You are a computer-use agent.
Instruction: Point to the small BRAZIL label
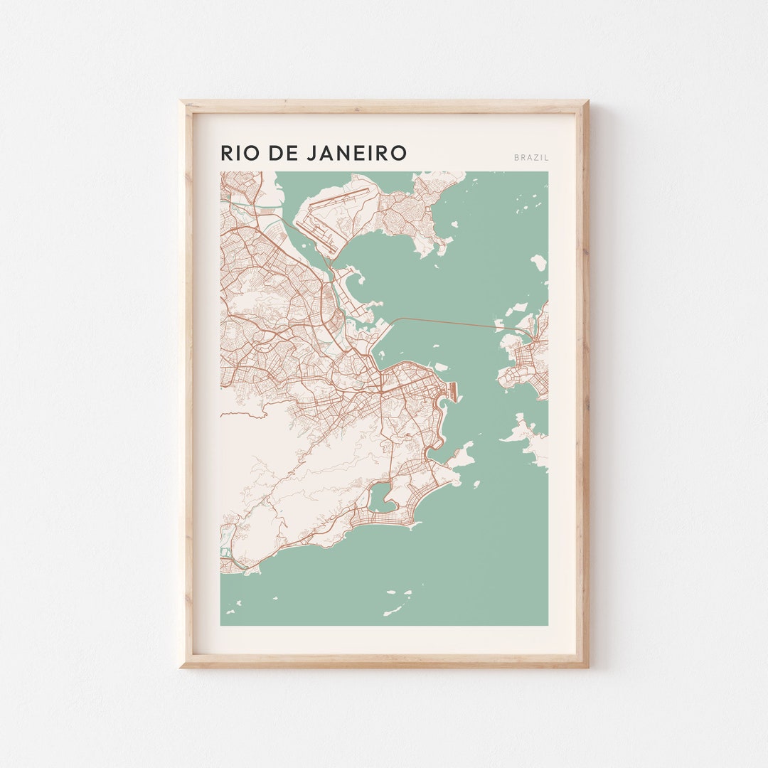pyautogui.click(x=531, y=157)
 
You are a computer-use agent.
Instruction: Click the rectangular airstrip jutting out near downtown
pyautogui.click(x=452, y=390)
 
